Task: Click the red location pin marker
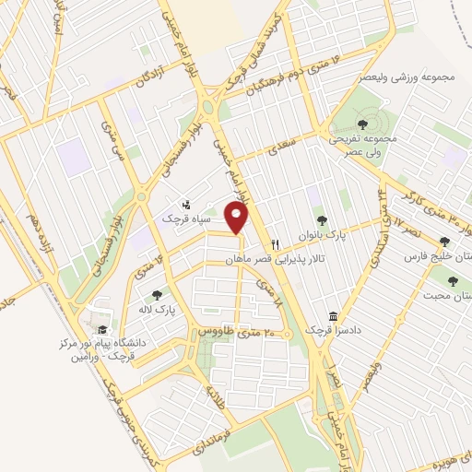[x=238, y=218]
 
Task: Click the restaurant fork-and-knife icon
[x=275, y=245]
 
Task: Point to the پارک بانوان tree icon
[x=322, y=219]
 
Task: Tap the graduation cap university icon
[x=102, y=330]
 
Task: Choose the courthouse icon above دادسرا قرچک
[x=334, y=314]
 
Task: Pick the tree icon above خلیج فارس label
[x=445, y=241]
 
